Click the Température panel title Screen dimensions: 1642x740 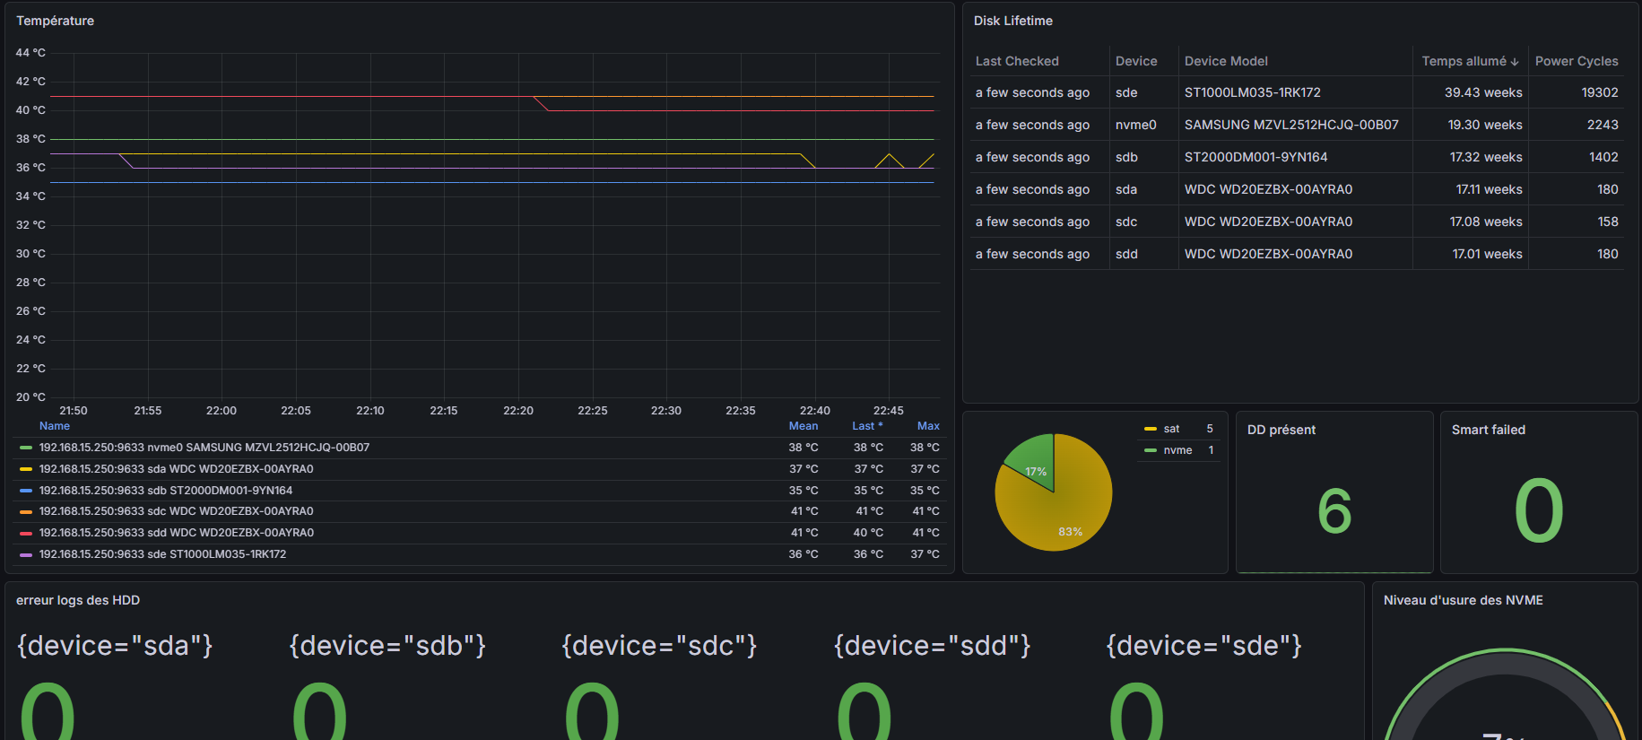coord(55,21)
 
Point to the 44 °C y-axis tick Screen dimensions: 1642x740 coord(30,53)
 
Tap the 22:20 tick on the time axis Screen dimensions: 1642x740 coord(518,411)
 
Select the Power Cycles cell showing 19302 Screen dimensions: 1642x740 coord(1600,92)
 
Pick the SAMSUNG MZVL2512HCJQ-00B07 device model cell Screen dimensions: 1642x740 coord(1291,125)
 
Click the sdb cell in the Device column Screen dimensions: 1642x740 coord(1126,157)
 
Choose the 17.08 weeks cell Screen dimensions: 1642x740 coord(1486,222)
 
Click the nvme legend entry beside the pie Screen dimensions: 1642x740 coord(1178,450)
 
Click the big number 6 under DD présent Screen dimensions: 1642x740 coord(1334,511)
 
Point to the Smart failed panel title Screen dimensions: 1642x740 coord(1489,430)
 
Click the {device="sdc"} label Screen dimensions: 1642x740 coord(659,646)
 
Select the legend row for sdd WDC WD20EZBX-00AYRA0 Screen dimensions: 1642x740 coord(176,533)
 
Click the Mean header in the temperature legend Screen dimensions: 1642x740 coord(804,426)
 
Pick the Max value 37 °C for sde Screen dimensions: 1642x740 coord(925,554)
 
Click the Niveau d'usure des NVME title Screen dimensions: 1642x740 coord(1464,600)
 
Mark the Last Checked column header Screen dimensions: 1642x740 coord(1017,61)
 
